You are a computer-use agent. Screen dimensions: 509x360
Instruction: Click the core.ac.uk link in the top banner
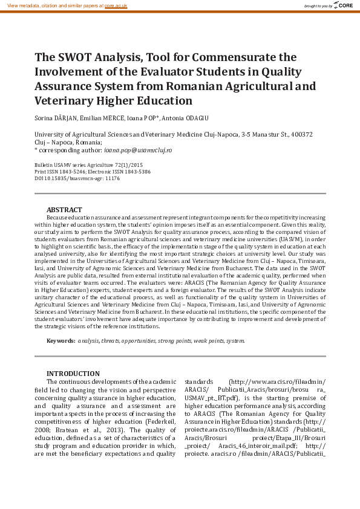point(116,5)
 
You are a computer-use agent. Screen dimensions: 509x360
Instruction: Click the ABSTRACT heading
point(65,209)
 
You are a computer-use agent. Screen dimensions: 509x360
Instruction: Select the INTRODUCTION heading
point(73,374)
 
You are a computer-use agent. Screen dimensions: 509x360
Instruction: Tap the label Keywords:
point(61,341)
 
